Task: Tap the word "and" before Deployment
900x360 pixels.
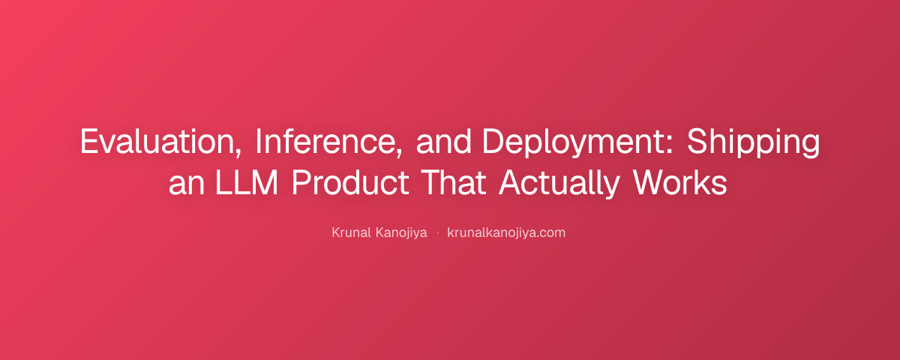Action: coord(443,142)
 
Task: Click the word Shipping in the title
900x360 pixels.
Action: coord(753,142)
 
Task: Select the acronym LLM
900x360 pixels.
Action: coord(247,182)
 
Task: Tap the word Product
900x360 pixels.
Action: coord(350,182)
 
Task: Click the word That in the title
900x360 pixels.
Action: coord(454,182)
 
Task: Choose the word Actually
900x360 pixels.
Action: coord(559,184)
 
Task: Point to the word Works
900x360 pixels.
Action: coord(679,182)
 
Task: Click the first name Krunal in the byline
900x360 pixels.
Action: coord(351,232)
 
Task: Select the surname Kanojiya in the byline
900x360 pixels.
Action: coord(401,233)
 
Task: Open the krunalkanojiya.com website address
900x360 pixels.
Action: coord(506,233)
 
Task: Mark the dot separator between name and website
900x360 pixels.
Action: coord(437,233)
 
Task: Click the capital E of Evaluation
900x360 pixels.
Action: coord(89,142)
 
